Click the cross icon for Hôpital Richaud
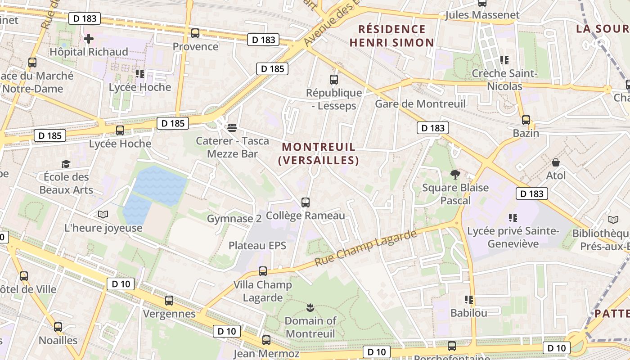[89, 39]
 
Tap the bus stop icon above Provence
[195, 33]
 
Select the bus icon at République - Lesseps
[334, 80]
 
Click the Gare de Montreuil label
[420, 104]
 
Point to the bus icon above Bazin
[526, 120]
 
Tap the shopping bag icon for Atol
[556, 162]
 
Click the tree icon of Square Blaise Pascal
[455, 174]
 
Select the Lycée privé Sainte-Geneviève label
[513, 237]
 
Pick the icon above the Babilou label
[469, 299]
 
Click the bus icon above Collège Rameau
[306, 202]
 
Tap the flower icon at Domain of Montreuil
[310, 308]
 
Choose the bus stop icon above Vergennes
[169, 301]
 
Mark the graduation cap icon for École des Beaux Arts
[66, 164]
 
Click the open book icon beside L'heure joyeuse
[103, 215]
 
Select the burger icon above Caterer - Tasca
[232, 128]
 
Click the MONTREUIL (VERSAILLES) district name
[318, 153]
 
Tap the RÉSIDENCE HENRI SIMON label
[392, 36]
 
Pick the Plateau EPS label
[257, 245]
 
